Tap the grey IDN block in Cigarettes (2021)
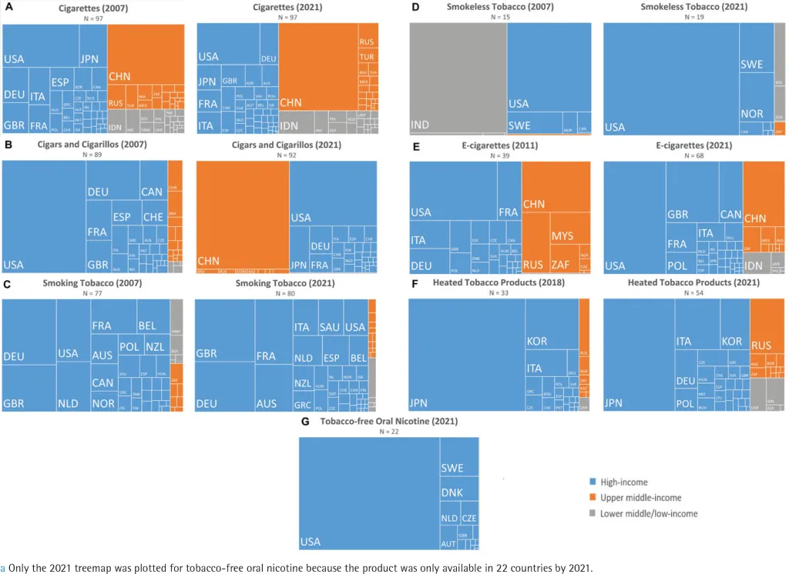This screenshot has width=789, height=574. tap(290, 122)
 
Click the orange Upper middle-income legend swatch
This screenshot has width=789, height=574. tap(593, 498)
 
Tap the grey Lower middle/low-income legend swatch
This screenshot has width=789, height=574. tap(593, 513)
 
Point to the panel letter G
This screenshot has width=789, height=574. tap(304, 421)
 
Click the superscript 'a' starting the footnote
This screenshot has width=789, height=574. tap(3, 569)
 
